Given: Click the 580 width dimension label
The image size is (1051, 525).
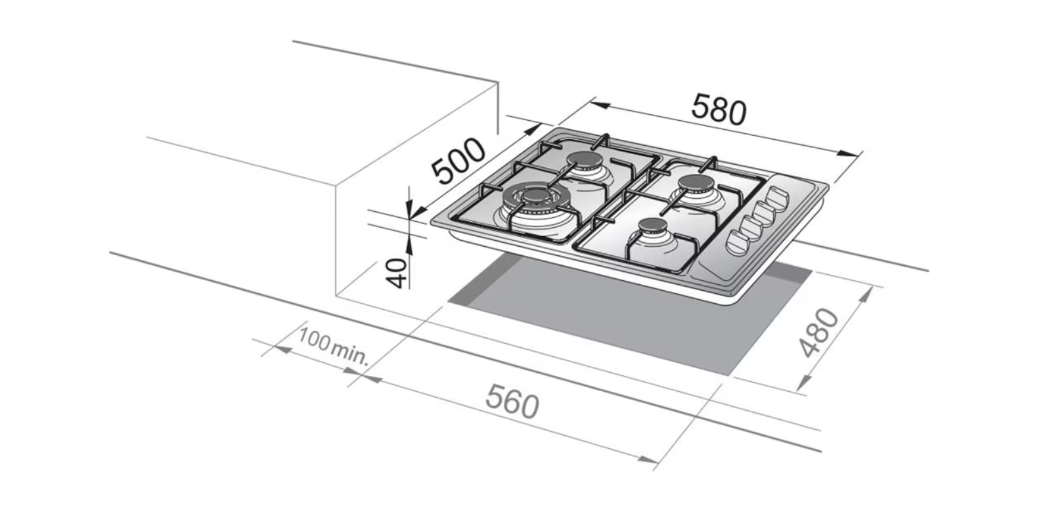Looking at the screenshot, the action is click(719, 109).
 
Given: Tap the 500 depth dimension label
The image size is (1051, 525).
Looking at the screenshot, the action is click(458, 160).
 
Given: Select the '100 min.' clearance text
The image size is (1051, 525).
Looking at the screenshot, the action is click(334, 346).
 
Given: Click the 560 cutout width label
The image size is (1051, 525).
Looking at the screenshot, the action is click(512, 401).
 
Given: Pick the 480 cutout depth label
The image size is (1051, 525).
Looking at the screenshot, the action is click(819, 332).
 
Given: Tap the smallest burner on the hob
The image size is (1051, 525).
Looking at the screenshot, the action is click(652, 228).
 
